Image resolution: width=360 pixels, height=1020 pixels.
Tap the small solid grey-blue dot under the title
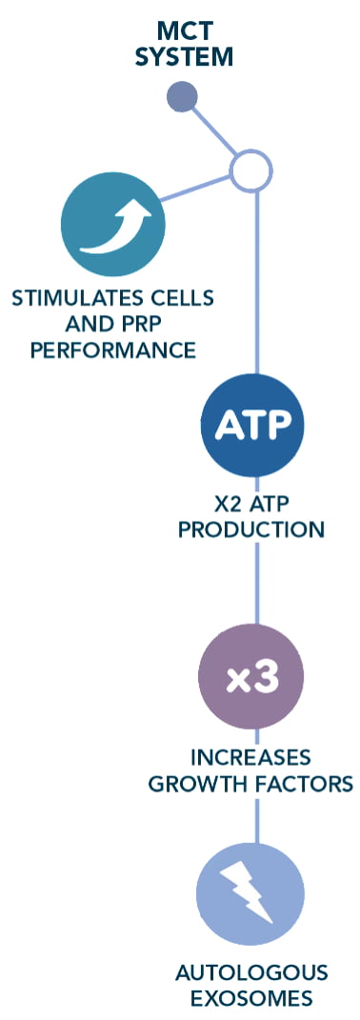coord(182,97)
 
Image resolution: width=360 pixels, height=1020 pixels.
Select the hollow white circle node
coord(250,171)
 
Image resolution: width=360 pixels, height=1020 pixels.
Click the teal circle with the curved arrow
coord(112,225)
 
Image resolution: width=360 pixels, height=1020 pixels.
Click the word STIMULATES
coord(70,298)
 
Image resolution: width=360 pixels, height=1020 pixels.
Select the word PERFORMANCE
coord(113,350)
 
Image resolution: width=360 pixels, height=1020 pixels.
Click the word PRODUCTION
coord(251,529)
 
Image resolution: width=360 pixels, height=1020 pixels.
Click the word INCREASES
coord(250,757)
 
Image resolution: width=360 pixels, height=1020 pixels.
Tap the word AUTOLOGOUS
coord(251,973)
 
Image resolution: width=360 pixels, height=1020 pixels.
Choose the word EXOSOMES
coord(252,998)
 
